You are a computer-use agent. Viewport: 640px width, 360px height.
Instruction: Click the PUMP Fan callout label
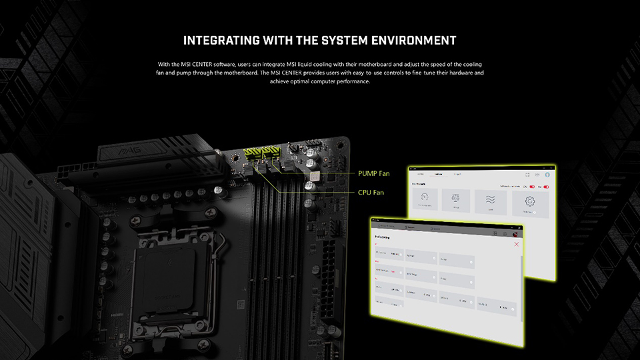tap(373, 173)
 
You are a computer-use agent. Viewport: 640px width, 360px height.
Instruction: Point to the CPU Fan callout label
tap(371, 193)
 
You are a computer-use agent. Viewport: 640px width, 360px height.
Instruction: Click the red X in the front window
tap(516, 245)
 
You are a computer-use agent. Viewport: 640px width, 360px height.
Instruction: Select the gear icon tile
tap(531, 202)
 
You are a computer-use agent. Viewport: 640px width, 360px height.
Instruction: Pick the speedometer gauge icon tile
tap(421, 202)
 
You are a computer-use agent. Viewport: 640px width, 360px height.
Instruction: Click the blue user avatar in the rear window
tap(547, 175)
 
